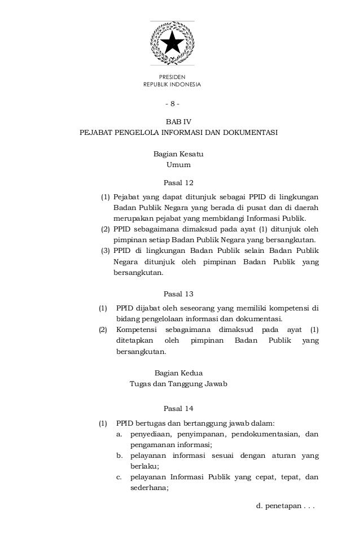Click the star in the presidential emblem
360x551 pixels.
pyautogui.click(x=172, y=42)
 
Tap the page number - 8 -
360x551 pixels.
pyautogui.click(x=172, y=104)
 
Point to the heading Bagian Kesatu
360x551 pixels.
pyautogui.click(x=178, y=154)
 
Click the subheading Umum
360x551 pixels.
pyautogui.click(x=178, y=165)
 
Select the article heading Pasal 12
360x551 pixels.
pyautogui.click(x=178, y=182)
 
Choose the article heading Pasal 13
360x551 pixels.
pyautogui.click(x=178, y=294)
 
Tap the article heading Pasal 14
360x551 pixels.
pyautogui.click(x=178, y=409)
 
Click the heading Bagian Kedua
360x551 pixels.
pyautogui.click(x=178, y=373)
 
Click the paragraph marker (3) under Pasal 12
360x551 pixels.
pyautogui.click(x=105, y=250)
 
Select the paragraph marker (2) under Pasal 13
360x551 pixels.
pyautogui.click(x=103, y=330)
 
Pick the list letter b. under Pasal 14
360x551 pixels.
pyautogui.click(x=120, y=456)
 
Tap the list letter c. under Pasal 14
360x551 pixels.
pyautogui.click(x=120, y=478)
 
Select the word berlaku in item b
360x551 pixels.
pyautogui.click(x=144, y=467)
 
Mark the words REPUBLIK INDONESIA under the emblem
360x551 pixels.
pyautogui.click(x=172, y=85)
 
